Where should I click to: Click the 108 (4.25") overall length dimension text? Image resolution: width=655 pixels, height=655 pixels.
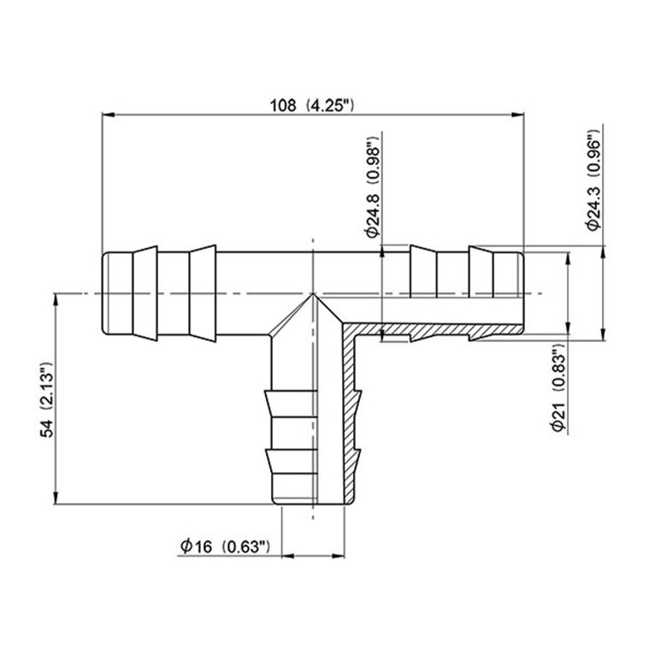click(x=312, y=105)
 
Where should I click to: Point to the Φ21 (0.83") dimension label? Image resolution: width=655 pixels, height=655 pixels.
click(x=557, y=389)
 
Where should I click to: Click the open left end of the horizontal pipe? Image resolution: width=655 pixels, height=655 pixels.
click(x=103, y=293)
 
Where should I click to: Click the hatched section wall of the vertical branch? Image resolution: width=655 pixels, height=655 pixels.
click(x=351, y=410)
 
